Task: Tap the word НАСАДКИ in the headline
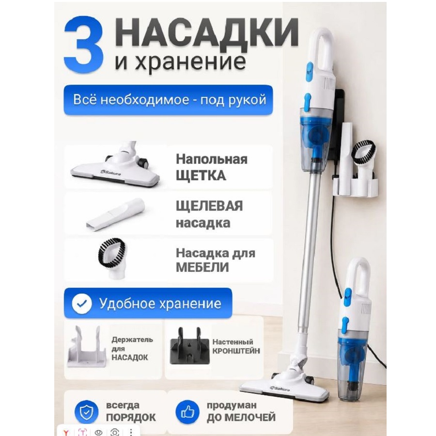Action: tap(206, 32)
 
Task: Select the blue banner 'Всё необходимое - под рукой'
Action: tap(168, 100)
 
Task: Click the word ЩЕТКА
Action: tap(201, 176)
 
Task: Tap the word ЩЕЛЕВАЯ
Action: tap(209, 206)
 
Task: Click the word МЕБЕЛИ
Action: tap(202, 267)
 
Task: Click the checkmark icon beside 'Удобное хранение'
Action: tap(82, 303)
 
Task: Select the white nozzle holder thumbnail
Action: tap(87, 347)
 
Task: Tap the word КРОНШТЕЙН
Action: tap(236, 351)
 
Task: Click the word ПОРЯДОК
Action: tap(131, 418)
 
